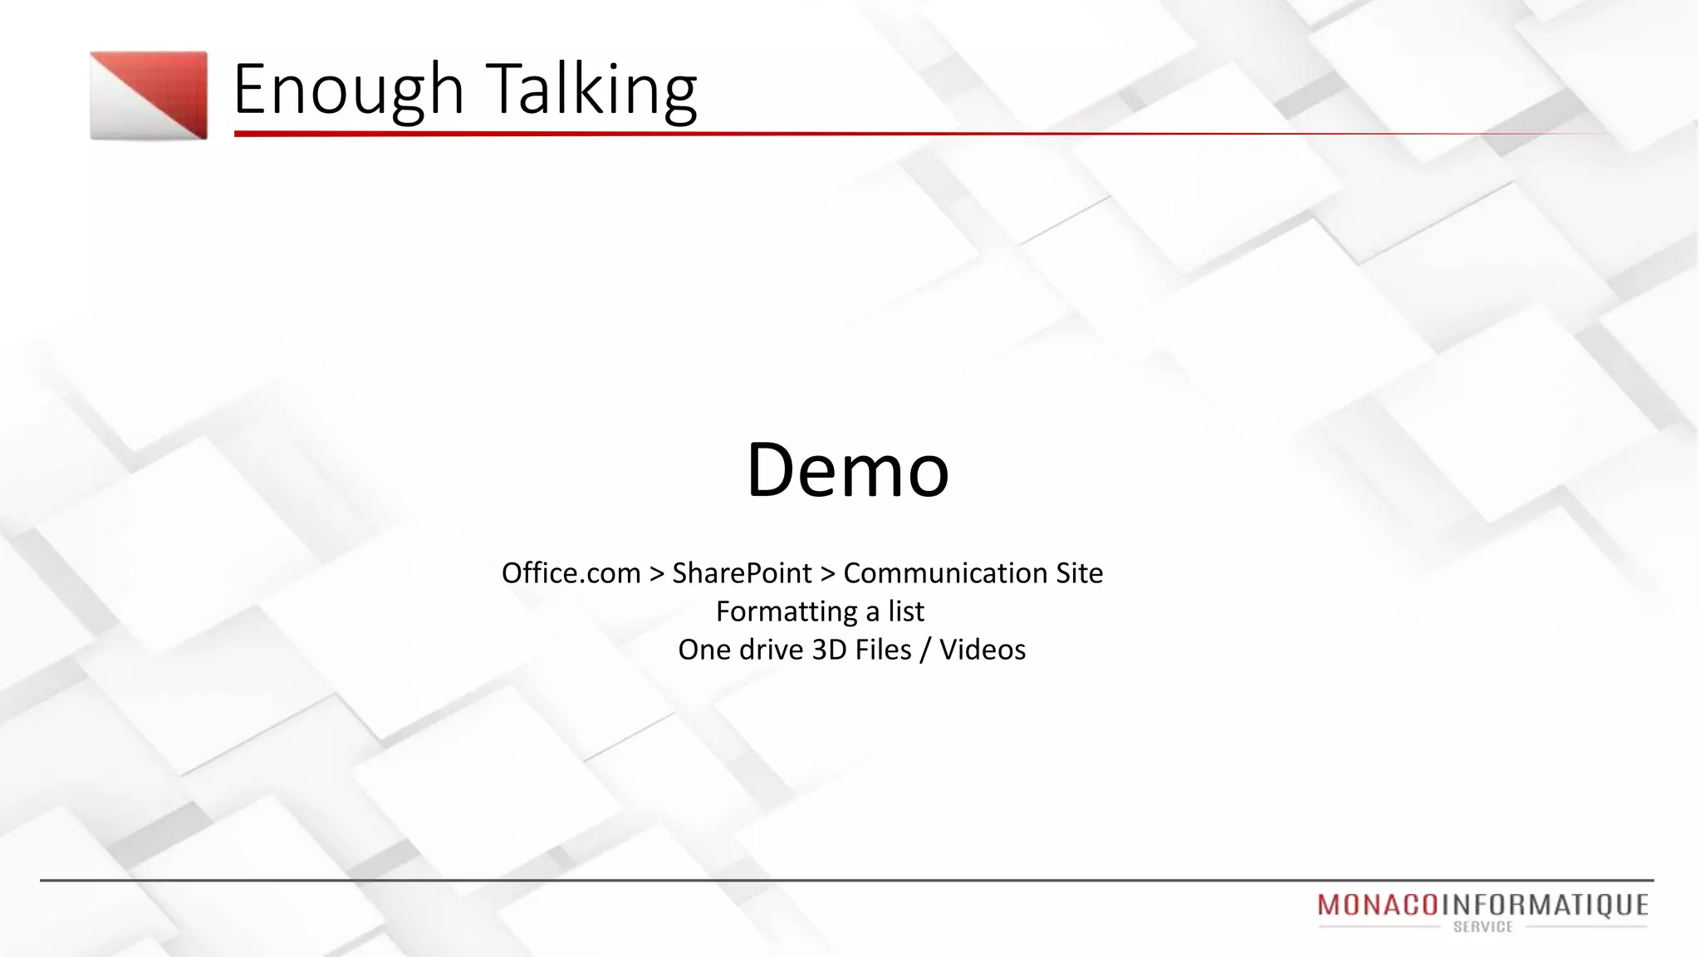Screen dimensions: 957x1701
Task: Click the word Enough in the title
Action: [x=347, y=90]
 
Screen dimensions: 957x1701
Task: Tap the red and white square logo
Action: [x=149, y=96]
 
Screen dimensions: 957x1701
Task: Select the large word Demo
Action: [x=847, y=470]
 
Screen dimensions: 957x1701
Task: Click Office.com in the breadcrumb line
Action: [x=571, y=573]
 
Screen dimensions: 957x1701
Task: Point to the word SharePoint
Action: [x=742, y=573]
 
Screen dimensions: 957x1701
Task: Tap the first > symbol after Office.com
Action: [x=656, y=574]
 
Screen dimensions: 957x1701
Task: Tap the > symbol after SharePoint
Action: [x=827, y=574]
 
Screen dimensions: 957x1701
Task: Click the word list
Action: [x=905, y=611]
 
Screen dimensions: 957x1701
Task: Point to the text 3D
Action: [x=829, y=650]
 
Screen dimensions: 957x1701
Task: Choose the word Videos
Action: [x=983, y=650]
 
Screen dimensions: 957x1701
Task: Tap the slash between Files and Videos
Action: [x=924, y=650]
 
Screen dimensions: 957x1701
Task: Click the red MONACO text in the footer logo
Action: [x=1377, y=905]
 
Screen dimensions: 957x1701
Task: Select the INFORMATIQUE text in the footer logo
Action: [x=1544, y=905]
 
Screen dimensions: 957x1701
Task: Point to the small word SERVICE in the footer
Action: [x=1483, y=927]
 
